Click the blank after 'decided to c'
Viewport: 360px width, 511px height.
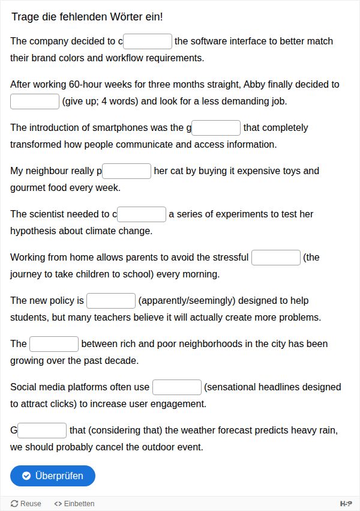click(148, 41)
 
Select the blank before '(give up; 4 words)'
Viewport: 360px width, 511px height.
click(35, 101)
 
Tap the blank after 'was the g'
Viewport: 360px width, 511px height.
click(216, 128)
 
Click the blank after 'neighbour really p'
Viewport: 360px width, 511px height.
click(127, 171)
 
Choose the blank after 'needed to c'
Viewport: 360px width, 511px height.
click(142, 214)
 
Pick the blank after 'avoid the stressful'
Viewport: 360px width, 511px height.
click(275, 258)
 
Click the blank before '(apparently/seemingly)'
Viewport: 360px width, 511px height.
click(111, 301)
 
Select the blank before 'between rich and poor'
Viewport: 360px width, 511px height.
click(54, 344)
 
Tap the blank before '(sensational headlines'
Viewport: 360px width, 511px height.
click(176, 387)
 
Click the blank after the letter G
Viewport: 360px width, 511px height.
click(42, 431)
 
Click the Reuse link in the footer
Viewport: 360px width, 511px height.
click(26, 504)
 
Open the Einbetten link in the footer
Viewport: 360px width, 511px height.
click(74, 504)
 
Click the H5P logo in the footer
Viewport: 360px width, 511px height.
click(346, 504)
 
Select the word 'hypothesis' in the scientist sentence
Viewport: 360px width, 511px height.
click(32, 231)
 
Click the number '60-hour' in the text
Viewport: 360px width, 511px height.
click(86, 85)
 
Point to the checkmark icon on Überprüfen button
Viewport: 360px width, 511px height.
click(26, 476)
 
